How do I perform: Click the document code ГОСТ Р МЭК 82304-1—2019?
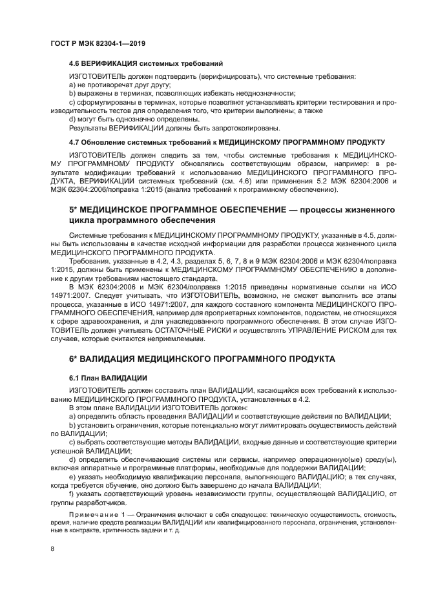pyautogui.click(x=98, y=43)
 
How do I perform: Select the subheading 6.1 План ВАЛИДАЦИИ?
pyautogui.click(x=108, y=377)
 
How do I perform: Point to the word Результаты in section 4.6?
pyautogui.click(x=88, y=128)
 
